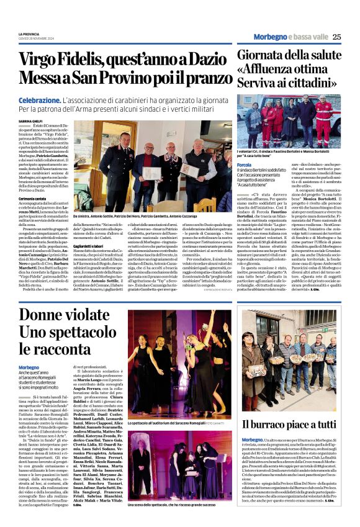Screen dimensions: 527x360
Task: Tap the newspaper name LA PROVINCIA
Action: click(29, 34)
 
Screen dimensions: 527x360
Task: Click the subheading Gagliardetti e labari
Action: click(91, 245)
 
